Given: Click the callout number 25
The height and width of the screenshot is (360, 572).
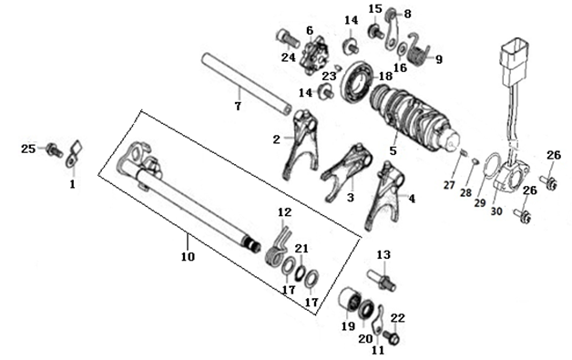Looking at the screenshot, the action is tap(28, 149).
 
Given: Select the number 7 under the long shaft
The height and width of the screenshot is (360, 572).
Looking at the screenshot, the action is tap(238, 107).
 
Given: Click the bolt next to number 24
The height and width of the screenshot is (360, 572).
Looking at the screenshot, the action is tap(288, 38).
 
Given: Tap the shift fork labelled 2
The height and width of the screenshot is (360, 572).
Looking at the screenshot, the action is tap(301, 144).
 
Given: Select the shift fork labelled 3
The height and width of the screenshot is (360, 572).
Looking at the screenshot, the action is tap(346, 170).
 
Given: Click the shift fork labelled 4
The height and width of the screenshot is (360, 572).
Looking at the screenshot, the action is tap(385, 196).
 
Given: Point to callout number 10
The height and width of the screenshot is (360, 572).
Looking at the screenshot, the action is tap(188, 257).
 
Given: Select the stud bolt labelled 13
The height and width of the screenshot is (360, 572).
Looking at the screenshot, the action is tap(382, 280).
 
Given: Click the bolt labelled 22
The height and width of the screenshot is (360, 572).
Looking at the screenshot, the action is tap(392, 337).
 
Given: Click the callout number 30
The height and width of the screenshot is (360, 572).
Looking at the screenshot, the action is tap(496, 211).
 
